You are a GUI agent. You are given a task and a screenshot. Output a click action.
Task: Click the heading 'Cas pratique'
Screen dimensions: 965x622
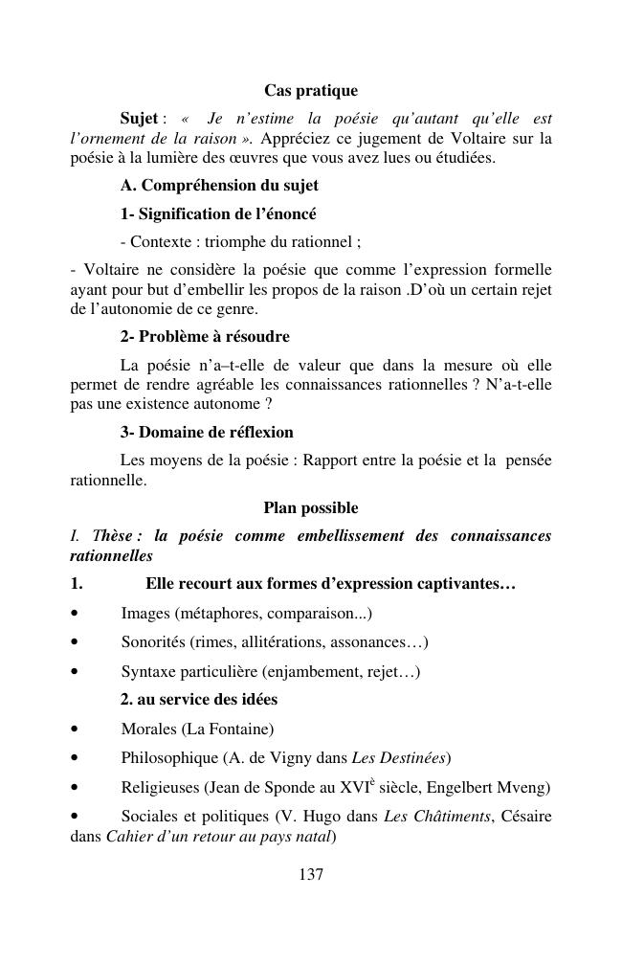(x=311, y=91)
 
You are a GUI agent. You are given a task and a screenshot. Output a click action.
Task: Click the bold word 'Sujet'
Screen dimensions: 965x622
(x=139, y=119)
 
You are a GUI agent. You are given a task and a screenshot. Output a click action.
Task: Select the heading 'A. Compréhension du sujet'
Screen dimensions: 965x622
(x=219, y=185)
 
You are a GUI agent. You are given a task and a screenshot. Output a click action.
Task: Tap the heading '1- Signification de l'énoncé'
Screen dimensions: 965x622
(x=218, y=213)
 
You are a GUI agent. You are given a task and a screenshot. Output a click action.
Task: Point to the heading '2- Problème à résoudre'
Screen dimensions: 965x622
(x=205, y=337)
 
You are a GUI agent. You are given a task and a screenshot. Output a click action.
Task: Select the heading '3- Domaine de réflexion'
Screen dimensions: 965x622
(x=207, y=432)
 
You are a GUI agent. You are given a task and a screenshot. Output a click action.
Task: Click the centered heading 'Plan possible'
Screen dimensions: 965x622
(x=311, y=508)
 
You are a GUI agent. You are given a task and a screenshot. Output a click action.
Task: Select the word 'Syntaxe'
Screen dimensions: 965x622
(x=148, y=672)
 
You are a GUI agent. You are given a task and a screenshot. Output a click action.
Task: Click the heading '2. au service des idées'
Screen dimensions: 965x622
(x=199, y=700)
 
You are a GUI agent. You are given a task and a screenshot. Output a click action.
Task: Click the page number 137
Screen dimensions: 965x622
(x=311, y=873)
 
